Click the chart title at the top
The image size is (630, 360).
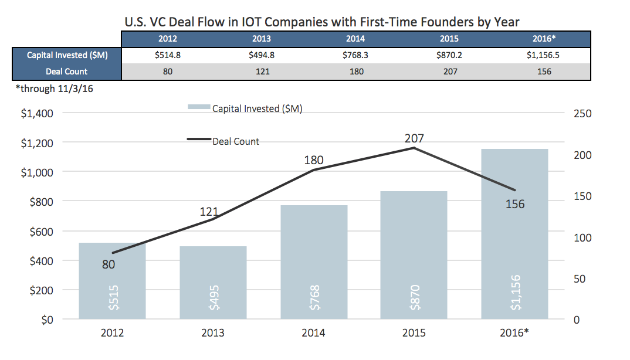322,22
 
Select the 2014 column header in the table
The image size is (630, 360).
355,39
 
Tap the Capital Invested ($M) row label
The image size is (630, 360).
66,55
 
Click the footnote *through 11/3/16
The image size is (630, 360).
49,90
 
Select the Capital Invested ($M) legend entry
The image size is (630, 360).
245,108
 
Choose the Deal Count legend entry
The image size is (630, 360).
223,141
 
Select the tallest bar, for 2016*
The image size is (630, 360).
514,235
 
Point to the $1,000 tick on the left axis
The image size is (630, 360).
38,172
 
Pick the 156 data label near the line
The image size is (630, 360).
514,204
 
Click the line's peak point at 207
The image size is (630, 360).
414,148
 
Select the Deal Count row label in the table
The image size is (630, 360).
66,72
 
